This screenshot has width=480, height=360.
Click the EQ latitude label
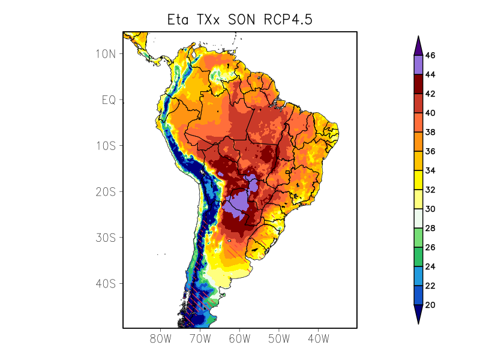click(109, 100)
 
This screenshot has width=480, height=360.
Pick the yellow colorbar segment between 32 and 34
click(418, 180)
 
